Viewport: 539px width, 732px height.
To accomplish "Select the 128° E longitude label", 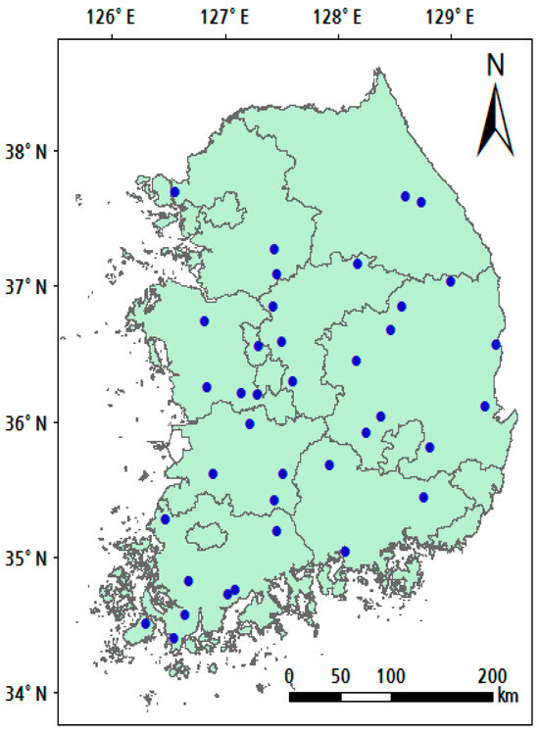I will [337, 17].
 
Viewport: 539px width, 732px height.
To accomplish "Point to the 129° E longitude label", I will [450, 17].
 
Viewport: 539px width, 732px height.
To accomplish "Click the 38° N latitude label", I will [27, 151].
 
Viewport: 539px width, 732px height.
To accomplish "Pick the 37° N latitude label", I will [27, 286].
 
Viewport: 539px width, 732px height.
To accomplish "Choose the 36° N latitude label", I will [27, 422].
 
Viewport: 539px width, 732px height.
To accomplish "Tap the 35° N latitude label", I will [27, 558].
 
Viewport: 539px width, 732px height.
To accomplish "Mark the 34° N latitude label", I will [27, 693].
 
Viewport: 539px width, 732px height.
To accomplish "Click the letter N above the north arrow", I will [496, 66].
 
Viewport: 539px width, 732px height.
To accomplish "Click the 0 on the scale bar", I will [290, 676].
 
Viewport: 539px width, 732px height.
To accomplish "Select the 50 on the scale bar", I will [341, 676].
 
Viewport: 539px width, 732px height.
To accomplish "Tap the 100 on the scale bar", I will [391, 676].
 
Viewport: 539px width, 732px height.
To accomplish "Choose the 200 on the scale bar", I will [492, 676].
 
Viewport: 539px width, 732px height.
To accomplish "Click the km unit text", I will [507, 696].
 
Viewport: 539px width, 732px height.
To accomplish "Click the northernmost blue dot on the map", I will [175, 192].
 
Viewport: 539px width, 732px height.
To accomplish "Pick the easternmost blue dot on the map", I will [496, 344].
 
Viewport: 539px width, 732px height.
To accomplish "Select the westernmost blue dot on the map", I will [146, 623].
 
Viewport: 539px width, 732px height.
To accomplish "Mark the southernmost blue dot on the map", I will [173, 638].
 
